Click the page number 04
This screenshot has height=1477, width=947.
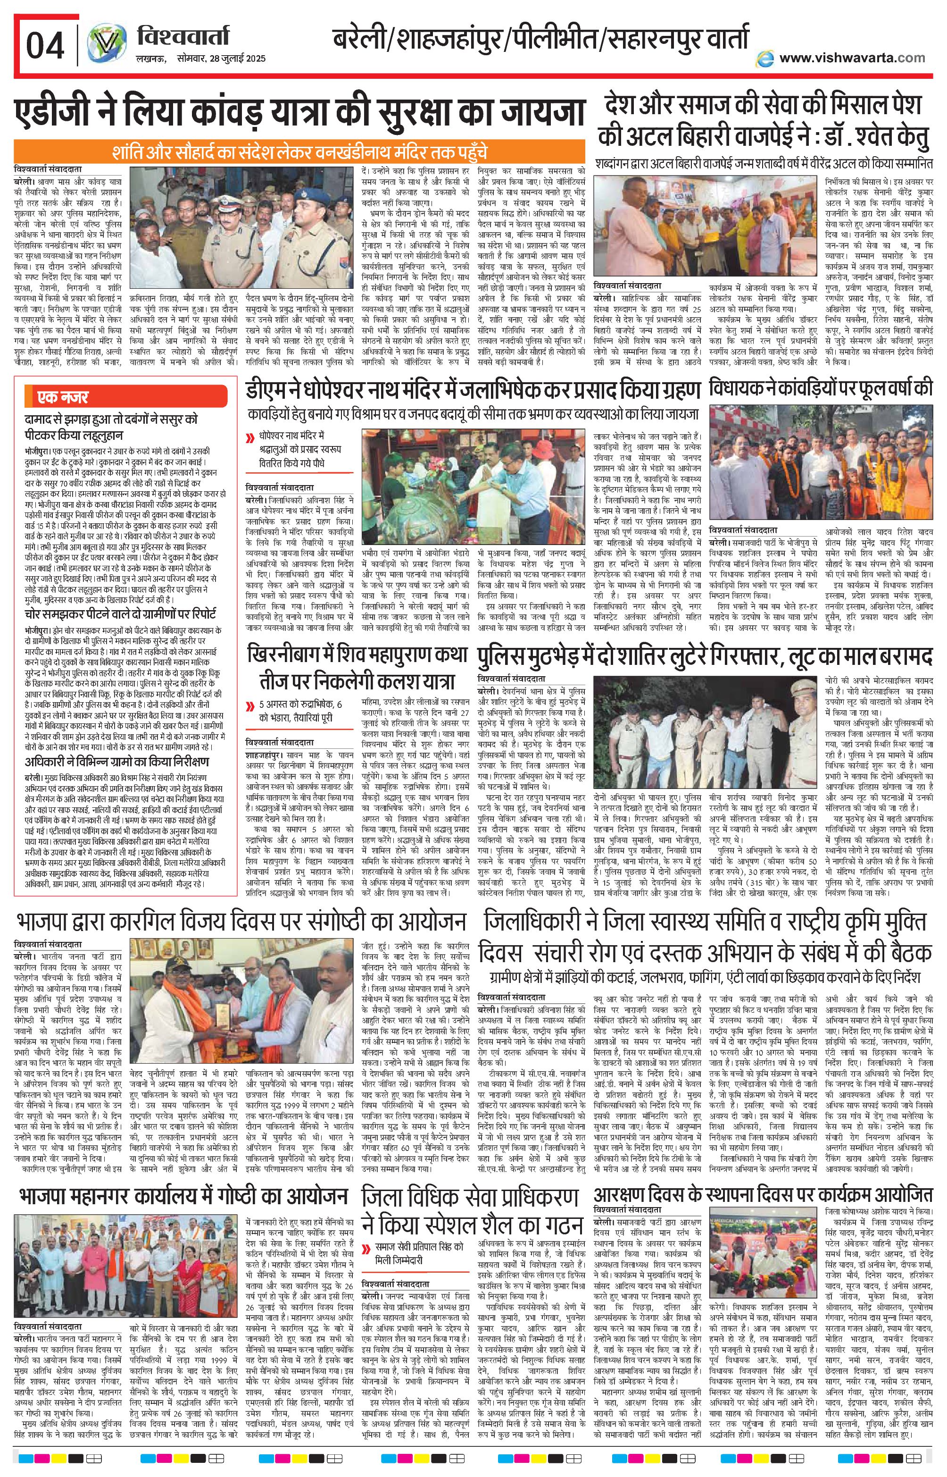(44, 46)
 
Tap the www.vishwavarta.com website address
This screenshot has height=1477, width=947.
(851, 57)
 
